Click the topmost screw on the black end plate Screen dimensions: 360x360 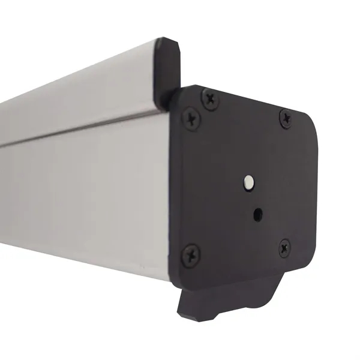click(210, 98)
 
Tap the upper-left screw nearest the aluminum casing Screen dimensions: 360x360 click(191, 118)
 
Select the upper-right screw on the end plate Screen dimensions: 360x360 click(286, 119)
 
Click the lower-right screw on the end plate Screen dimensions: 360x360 click(284, 247)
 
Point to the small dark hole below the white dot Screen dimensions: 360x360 click(257, 213)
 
